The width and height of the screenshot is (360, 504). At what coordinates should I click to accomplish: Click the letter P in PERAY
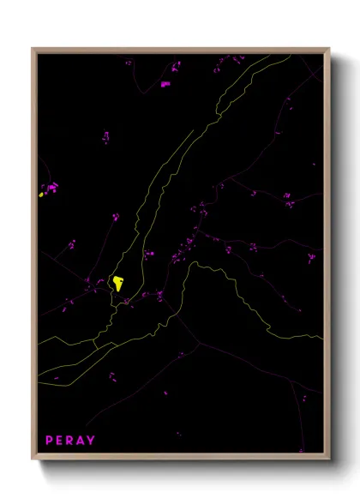pyautogui.click(x=50, y=441)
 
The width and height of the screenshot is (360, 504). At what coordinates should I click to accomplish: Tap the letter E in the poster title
pyautogui.click(x=61, y=441)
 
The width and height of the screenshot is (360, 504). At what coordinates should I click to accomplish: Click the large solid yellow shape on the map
pyautogui.click(x=117, y=282)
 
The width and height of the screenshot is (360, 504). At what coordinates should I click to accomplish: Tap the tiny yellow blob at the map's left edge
pyautogui.click(x=40, y=195)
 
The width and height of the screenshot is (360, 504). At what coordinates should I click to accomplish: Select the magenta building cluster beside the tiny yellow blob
pyautogui.click(x=51, y=186)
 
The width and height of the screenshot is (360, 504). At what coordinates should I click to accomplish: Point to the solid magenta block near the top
pyautogui.click(x=165, y=84)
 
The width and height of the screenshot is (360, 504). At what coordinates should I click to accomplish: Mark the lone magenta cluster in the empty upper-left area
pyautogui.click(x=106, y=137)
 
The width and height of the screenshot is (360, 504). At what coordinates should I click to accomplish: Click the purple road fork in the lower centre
pyautogui.click(x=200, y=345)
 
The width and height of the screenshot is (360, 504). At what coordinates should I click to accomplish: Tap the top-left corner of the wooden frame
pyautogui.click(x=33, y=49)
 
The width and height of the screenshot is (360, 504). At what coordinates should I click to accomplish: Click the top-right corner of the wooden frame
pyautogui.click(x=328, y=49)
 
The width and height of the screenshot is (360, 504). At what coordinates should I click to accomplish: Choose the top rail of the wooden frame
pyautogui.click(x=180, y=51)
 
